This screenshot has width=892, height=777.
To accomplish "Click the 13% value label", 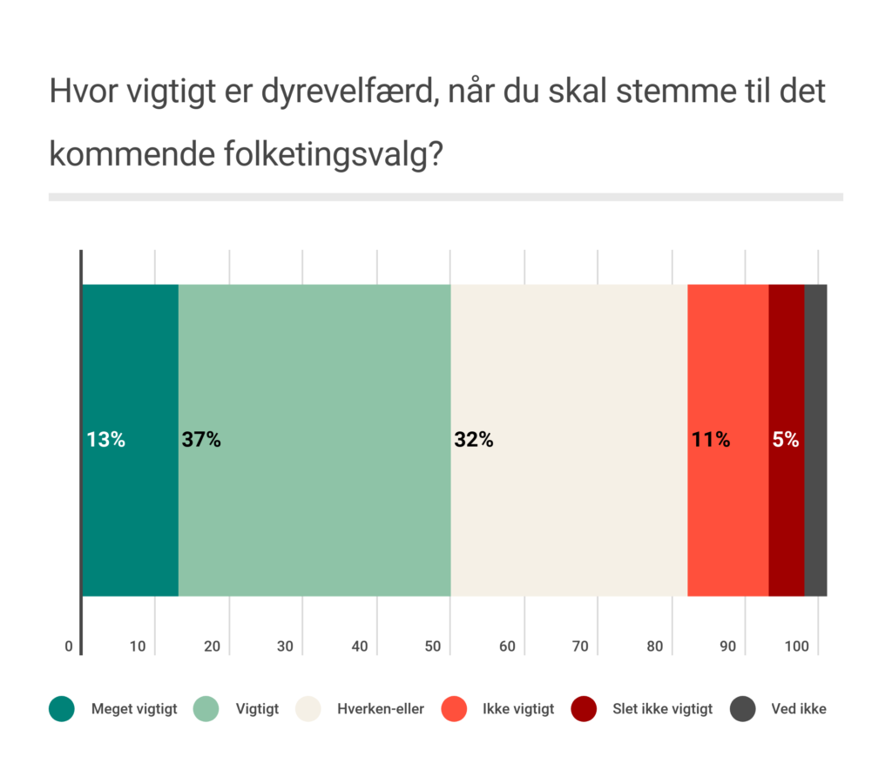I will [106, 440].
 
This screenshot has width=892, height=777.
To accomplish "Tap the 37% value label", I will [201, 440].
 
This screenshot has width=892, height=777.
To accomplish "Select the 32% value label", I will [474, 440].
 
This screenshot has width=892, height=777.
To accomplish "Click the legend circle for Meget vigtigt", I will [62, 709].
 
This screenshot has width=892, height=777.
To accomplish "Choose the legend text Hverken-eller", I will [381, 709].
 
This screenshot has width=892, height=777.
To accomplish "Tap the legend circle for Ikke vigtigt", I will [455, 709].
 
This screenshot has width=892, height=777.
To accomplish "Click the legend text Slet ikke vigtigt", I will [663, 709].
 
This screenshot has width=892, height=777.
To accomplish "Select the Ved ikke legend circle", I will [742, 709].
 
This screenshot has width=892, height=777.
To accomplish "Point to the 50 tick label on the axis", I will [434, 646].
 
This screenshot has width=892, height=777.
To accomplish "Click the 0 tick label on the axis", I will [69, 646].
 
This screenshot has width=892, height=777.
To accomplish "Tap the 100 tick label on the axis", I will [797, 646].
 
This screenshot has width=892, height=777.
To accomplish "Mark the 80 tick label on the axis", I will [655, 646].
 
